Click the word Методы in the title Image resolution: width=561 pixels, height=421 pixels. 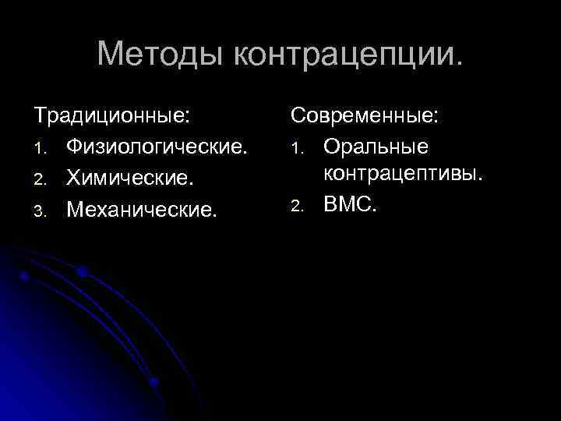click(160, 54)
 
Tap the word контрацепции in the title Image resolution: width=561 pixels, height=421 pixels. click(346, 55)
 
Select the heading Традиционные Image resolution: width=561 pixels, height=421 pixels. click(110, 117)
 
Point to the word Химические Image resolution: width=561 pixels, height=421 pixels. click(129, 178)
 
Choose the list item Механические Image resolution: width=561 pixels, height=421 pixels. click(139, 208)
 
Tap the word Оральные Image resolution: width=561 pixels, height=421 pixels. click(376, 147)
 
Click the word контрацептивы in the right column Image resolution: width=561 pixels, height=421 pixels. click(404, 174)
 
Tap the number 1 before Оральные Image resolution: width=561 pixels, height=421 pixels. click(296, 149)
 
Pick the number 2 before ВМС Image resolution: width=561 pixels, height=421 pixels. click(296, 207)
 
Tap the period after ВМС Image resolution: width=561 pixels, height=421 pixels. click(378, 211)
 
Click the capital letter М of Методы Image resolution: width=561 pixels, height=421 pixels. click(112, 54)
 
